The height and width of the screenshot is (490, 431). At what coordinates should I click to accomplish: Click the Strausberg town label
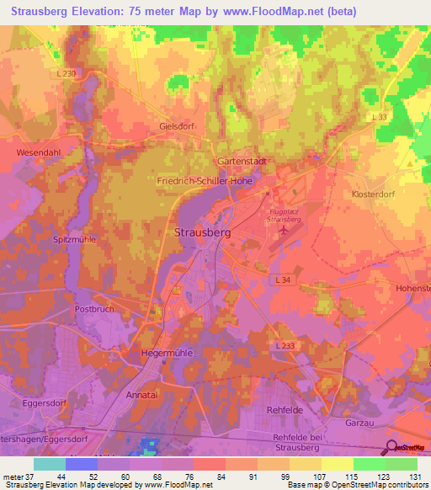[203, 232]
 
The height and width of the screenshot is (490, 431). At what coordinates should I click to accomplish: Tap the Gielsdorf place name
[177, 126]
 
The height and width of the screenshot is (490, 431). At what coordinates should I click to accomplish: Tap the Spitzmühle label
[73, 239]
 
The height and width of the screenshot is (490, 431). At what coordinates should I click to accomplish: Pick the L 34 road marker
[284, 278]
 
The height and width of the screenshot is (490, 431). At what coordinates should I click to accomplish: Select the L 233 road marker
[285, 345]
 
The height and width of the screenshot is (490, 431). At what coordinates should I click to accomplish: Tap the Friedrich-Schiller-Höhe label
[204, 180]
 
